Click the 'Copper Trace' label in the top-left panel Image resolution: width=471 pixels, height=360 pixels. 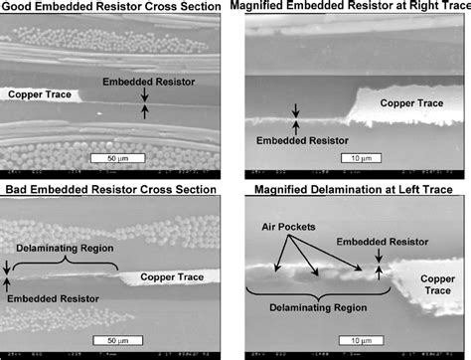41,94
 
